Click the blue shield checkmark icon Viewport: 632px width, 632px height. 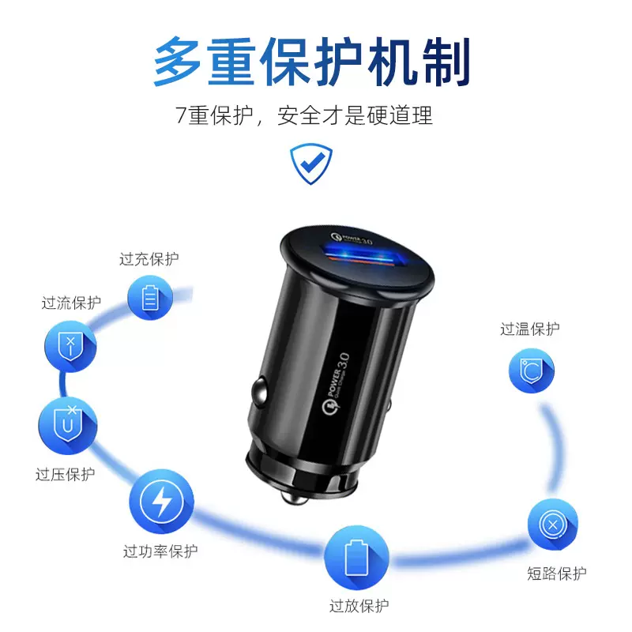pos(310,163)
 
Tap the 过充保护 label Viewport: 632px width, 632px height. pos(149,259)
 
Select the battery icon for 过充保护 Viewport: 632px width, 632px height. pos(150,298)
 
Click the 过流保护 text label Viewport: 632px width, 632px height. pos(71,303)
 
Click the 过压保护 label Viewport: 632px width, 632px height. pos(66,475)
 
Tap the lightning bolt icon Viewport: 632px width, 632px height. pos(160,500)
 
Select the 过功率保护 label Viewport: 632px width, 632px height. pos(160,551)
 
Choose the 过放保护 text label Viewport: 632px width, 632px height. pos(359,607)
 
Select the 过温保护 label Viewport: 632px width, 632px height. pos(530,329)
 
